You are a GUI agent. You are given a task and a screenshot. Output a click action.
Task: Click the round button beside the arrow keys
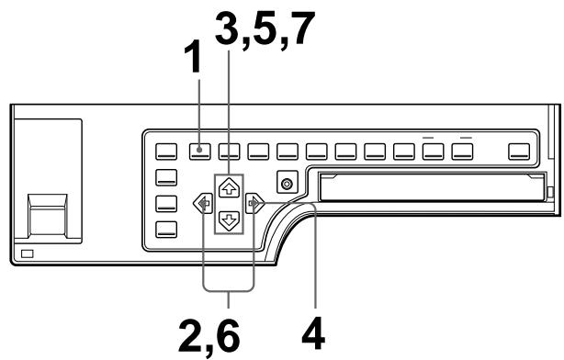coord(288,184)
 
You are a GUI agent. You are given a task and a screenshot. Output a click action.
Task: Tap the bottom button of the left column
coord(166,230)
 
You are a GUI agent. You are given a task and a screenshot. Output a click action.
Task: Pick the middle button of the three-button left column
coord(166,204)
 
